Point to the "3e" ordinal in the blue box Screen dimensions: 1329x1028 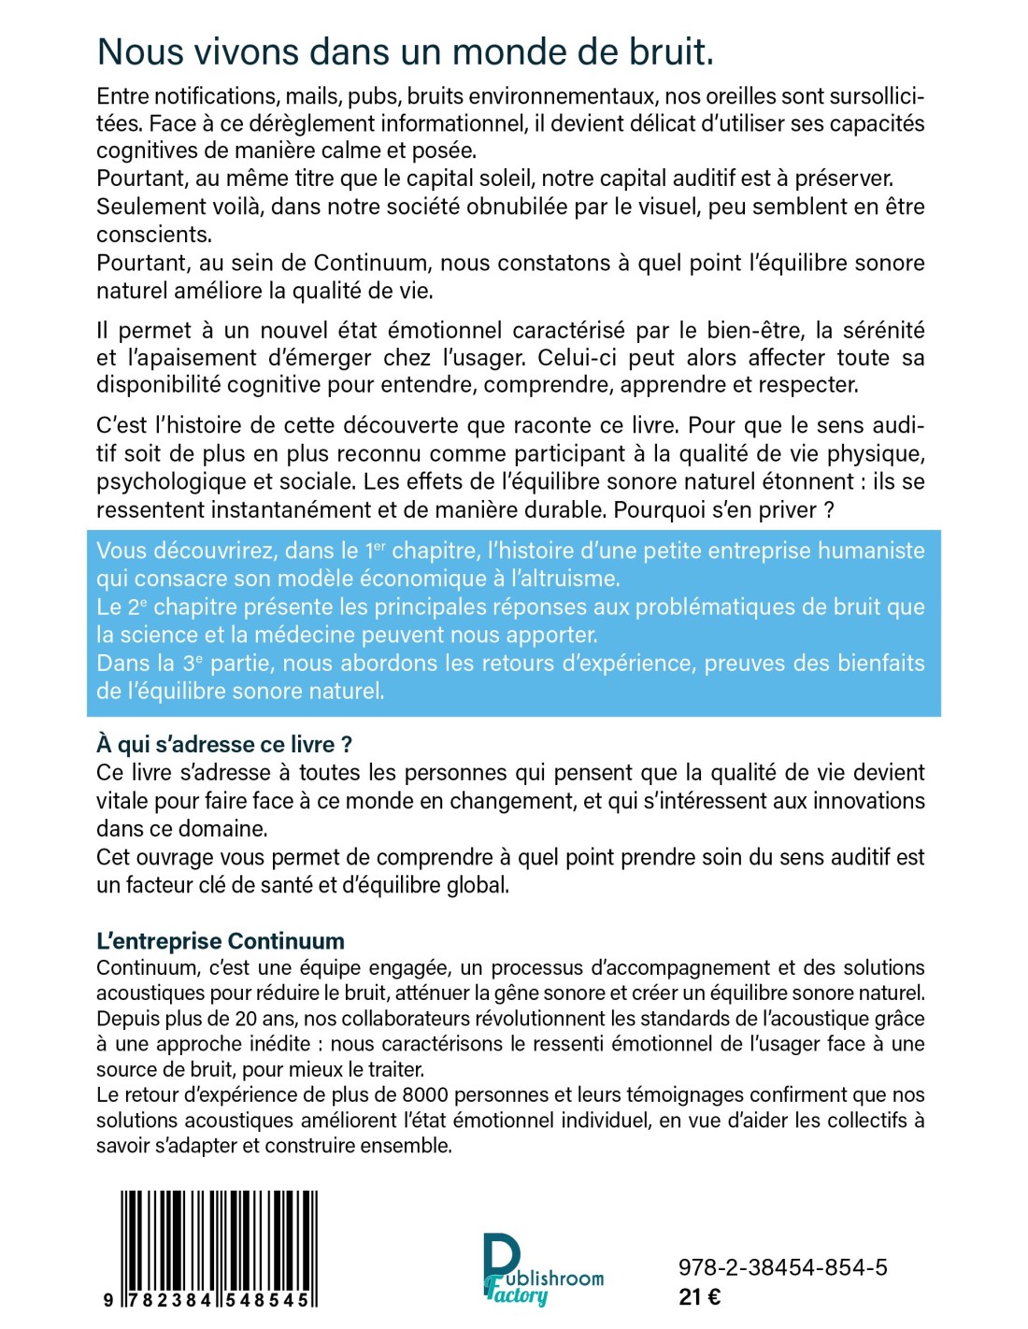coord(192,664)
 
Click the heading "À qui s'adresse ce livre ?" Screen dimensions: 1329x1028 coord(224,745)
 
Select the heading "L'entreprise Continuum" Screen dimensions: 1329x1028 coord(221,941)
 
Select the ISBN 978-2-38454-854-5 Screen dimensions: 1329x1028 coord(782,1268)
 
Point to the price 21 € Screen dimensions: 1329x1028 coord(699,1297)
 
